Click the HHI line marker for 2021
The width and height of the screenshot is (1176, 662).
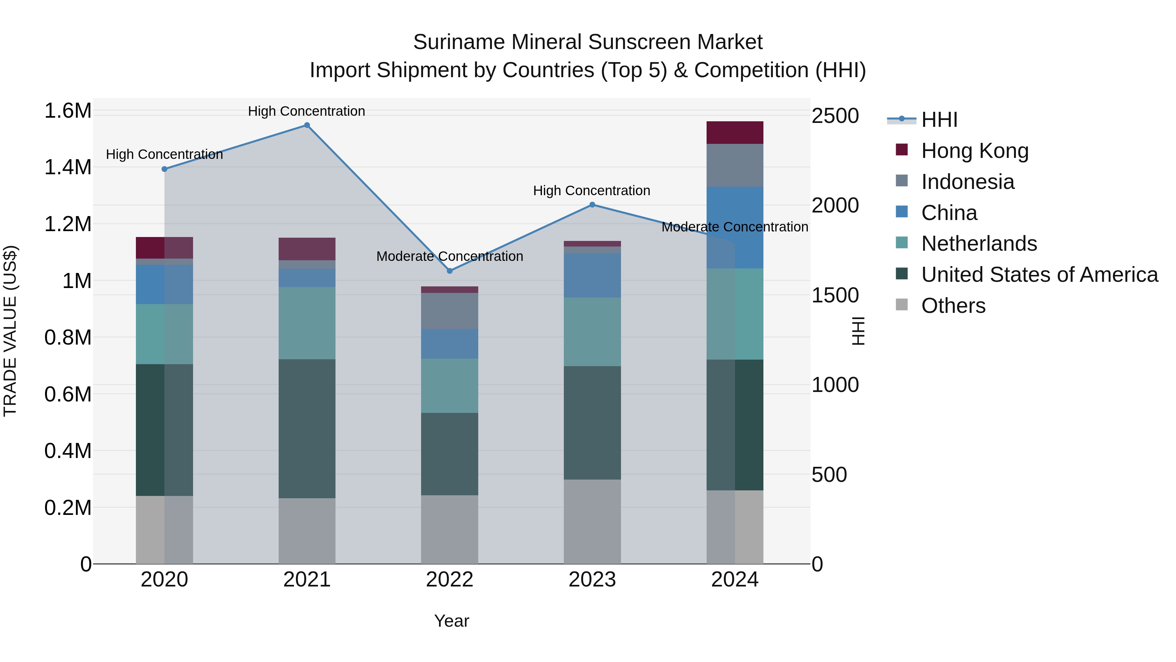click(x=307, y=125)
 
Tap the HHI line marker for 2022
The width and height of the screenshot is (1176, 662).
click(x=450, y=271)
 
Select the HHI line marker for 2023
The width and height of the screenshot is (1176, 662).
click(x=592, y=205)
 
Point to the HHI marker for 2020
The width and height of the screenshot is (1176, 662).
click(x=164, y=169)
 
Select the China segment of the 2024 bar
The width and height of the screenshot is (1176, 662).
click(x=735, y=227)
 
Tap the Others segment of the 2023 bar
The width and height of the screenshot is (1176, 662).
click(x=592, y=521)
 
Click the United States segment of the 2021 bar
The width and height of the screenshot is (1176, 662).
click(x=307, y=429)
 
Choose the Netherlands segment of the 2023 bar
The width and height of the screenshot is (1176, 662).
click(x=592, y=332)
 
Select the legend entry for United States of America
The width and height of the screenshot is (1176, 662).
click(x=1039, y=275)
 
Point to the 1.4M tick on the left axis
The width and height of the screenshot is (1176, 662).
click(x=68, y=167)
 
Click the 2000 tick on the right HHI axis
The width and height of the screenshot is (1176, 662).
click(x=835, y=205)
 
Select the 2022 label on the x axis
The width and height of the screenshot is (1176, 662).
click(x=450, y=580)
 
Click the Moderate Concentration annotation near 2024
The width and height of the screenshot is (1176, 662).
click(x=735, y=227)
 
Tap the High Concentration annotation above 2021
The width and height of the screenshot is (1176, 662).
click(x=306, y=111)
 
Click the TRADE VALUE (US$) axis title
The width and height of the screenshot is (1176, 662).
click(x=10, y=331)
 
